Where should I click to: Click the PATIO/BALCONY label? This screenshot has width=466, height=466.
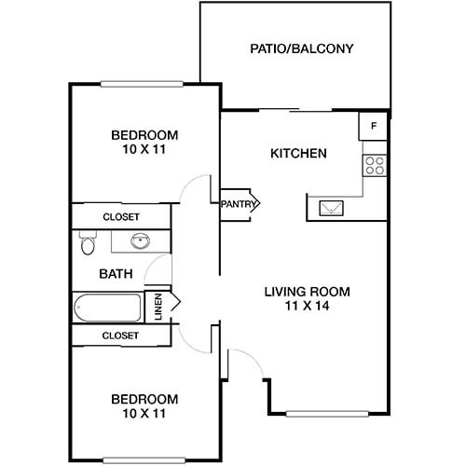coord(302,48)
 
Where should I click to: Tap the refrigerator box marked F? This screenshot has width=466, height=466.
coord(374,125)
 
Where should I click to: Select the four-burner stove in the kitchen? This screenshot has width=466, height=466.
coord(375,166)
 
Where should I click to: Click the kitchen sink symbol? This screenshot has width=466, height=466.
coord(331,208)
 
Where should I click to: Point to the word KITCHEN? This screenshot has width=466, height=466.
coord(298,153)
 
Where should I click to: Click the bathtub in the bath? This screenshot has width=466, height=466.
coord(106,307)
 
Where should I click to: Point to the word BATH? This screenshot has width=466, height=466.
coord(116,274)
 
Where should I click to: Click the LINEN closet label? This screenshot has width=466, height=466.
coord(158,305)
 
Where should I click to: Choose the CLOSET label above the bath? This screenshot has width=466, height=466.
coord(121,216)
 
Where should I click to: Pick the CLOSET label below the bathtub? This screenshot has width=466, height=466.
coord(121,335)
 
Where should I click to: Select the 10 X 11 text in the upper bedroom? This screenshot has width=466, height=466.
coord(144,148)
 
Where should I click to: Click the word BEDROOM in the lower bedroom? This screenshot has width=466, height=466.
coord(144,398)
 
